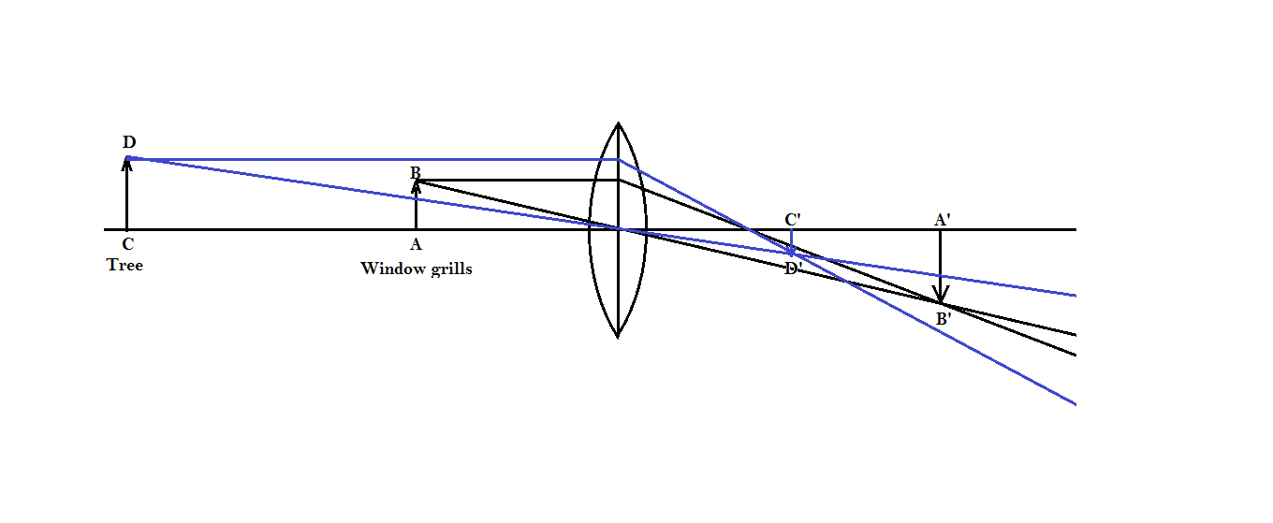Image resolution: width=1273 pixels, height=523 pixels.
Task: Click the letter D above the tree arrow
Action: [x=129, y=142]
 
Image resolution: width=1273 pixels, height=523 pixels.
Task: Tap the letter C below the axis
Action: [x=127, y=245]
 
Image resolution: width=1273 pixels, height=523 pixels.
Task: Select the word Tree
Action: [x=124, y=265]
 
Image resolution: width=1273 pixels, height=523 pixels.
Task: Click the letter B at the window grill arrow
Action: [x=416, y=172]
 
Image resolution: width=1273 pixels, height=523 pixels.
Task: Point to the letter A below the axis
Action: [x=416, y=245]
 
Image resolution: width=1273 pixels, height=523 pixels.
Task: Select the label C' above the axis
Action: [x=792, y=220]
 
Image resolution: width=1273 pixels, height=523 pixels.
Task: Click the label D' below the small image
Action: [x=793, y=269]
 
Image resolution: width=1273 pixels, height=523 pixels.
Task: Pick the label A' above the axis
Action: [x=942, y=220]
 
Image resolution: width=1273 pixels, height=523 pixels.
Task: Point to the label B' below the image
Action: [x=944, y=319]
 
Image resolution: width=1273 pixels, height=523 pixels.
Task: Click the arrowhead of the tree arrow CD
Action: [x=127, y=165]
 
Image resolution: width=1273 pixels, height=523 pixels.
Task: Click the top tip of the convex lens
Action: [x=618, y=123]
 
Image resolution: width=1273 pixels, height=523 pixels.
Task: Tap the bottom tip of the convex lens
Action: [x=618, y=335]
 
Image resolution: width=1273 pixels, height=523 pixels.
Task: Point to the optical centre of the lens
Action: [x=618, y=229]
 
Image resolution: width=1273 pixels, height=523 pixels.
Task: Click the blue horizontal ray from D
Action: [x=374, y=159]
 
